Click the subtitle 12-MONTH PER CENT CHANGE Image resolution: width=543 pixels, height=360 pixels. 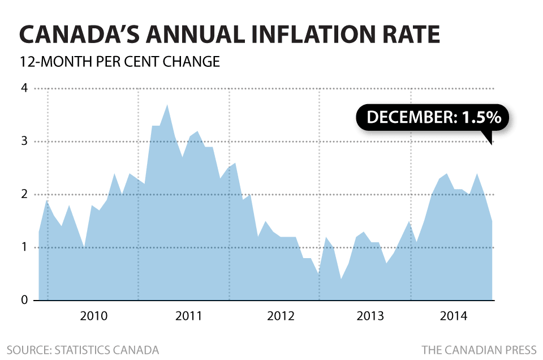pos(119,61)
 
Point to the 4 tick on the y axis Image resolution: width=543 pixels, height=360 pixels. pos(24,88)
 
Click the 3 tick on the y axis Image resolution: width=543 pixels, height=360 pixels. pos(24,142)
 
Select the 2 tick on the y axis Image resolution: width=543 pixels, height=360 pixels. pos(24,195)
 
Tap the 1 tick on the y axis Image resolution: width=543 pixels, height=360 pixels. pos(24,247)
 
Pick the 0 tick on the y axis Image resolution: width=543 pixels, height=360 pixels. pos(24,301)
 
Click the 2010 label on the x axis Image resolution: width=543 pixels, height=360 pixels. pos(93,316)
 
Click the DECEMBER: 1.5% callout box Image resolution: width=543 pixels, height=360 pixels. pos(433,118)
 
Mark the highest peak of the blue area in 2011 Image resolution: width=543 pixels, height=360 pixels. pos(167,105)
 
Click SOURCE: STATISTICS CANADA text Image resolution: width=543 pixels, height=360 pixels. pos(83,349)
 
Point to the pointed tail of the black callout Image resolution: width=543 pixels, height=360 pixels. pos(492,143)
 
